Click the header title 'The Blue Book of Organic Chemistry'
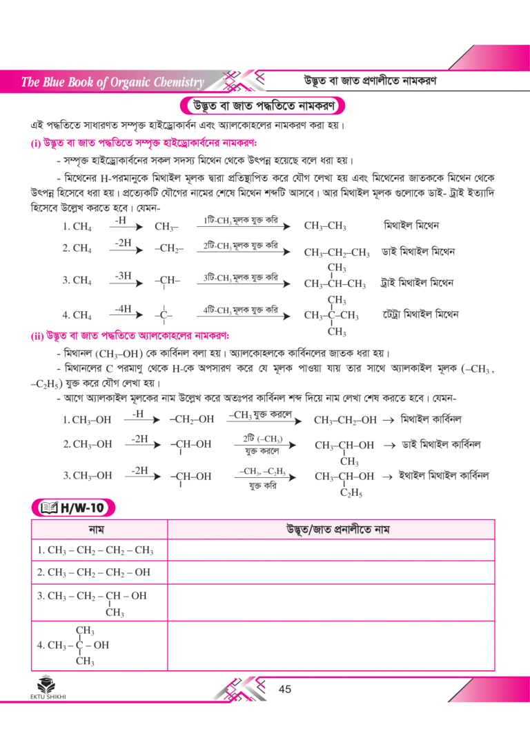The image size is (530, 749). tap(112, 83)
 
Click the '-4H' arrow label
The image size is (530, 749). tap(124, 308)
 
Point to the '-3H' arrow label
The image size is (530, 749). tap(124, 275)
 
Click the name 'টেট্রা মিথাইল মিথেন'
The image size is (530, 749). tap(421, 314)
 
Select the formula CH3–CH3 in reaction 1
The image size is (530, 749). tap(325, 226)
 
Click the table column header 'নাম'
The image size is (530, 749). tap(99, 530)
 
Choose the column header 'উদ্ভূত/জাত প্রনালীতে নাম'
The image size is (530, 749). tap(331, 530)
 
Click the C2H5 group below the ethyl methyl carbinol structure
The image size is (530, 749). tap(351, 494)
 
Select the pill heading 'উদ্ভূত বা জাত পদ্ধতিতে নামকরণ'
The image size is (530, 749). tap(264, 107)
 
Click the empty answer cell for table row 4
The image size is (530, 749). tap(331, 646)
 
